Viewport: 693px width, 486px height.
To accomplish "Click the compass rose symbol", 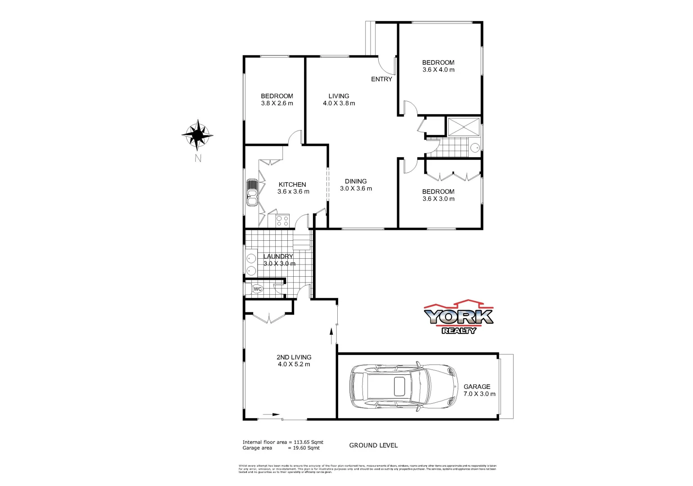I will point(197,135).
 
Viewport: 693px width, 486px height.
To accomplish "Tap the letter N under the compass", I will point(198,158).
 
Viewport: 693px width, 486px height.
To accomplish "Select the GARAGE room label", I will point(477,387).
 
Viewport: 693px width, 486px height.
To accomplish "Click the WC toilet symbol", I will point(257,289).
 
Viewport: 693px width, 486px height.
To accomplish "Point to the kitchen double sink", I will point(252,193).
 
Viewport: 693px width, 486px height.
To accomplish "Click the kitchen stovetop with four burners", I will point(282,221).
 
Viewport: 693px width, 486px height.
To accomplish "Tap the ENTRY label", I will point(381,79).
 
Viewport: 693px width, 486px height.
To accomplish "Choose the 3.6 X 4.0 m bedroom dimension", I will point(438,70).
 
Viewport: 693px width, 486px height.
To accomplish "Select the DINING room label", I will point(356,181).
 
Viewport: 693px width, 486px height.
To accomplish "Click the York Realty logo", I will point(458,317).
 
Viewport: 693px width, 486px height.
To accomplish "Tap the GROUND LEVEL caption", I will point(373,445).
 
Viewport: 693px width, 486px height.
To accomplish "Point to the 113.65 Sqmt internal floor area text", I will point(283,442).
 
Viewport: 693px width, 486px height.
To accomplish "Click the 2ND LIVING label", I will point(294,357).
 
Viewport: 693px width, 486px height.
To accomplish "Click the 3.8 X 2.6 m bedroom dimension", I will point(277,103).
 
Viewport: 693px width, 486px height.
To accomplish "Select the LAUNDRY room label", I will point(278,256).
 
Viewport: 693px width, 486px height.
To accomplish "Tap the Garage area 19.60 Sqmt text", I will point(281,448).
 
